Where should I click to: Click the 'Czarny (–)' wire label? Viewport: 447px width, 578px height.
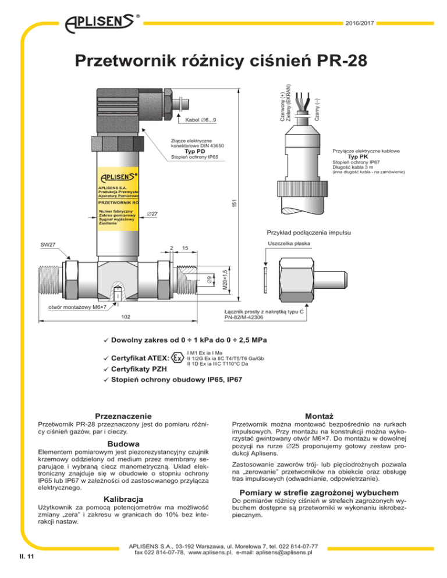[316, 107]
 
